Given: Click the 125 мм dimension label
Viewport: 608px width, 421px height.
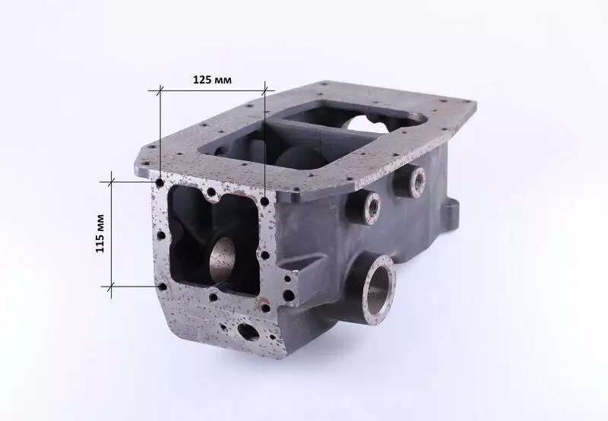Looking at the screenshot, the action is pos(212,80).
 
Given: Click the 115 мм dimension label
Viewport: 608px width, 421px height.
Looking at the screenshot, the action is pos(100,233).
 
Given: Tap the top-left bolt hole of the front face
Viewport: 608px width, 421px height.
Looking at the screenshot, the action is pos(160,182).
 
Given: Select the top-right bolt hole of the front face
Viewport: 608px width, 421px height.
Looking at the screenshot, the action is pos(265,201).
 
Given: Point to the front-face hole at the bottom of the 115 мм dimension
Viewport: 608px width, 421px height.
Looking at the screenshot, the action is pos(163,286).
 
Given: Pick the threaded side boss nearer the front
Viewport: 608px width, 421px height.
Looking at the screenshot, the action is pos(365,207).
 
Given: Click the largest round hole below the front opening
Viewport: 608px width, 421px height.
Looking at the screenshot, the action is pos(249,332).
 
